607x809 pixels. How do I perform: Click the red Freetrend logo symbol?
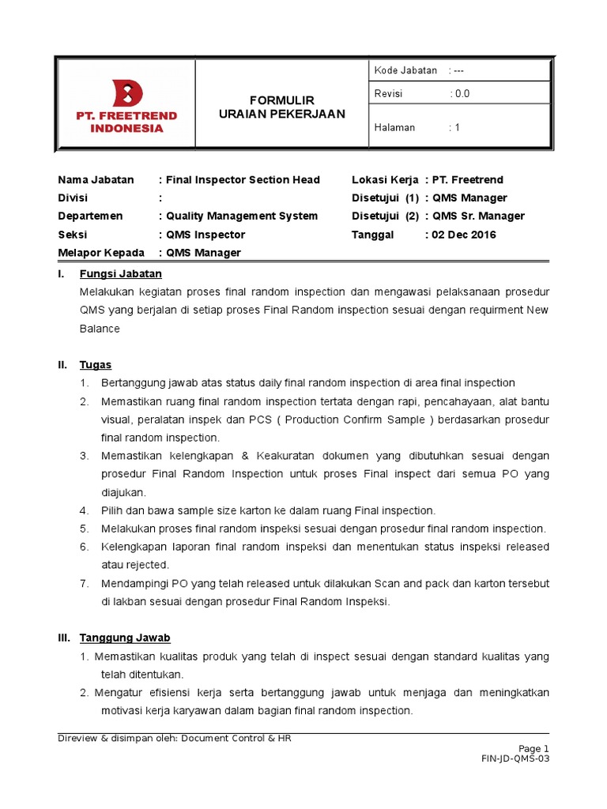click(127, 94)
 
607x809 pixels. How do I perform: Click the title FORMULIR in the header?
click(282, 100)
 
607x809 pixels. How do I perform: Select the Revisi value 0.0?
click(461, 93)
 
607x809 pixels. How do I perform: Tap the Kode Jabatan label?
click(405, 70)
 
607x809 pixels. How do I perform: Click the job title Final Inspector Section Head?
click(243, 180)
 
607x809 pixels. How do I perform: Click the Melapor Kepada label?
click(101, 253)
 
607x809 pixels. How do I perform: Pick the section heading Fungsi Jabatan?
click(120, 274)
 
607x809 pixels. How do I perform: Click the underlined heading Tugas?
click(95, 365)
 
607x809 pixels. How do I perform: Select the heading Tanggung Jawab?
click(125, 638)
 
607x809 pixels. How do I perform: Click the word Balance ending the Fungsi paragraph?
click(100, 328)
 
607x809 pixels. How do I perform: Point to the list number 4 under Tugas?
click(84, 510)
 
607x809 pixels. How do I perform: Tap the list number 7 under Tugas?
click(84, 583)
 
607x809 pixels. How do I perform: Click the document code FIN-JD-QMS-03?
click(515, 758)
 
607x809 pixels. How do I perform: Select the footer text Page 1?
click(533, 748)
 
